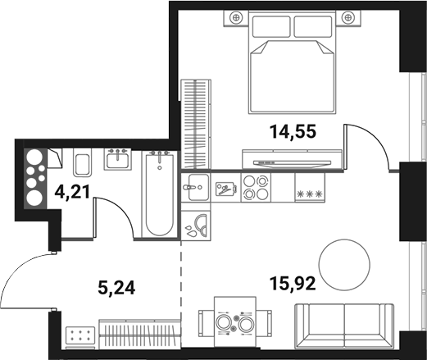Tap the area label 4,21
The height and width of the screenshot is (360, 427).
pos(72,194)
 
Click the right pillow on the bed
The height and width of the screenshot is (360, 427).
pos(315,29)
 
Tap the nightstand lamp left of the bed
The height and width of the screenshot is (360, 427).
pos(236,15)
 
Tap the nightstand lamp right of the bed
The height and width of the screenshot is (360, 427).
pos(352,15)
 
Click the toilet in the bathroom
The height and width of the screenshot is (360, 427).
pos(82,163)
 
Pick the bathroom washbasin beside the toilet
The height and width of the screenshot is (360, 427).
pos(120,160)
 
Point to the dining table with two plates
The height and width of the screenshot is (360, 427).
pos(234,324)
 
